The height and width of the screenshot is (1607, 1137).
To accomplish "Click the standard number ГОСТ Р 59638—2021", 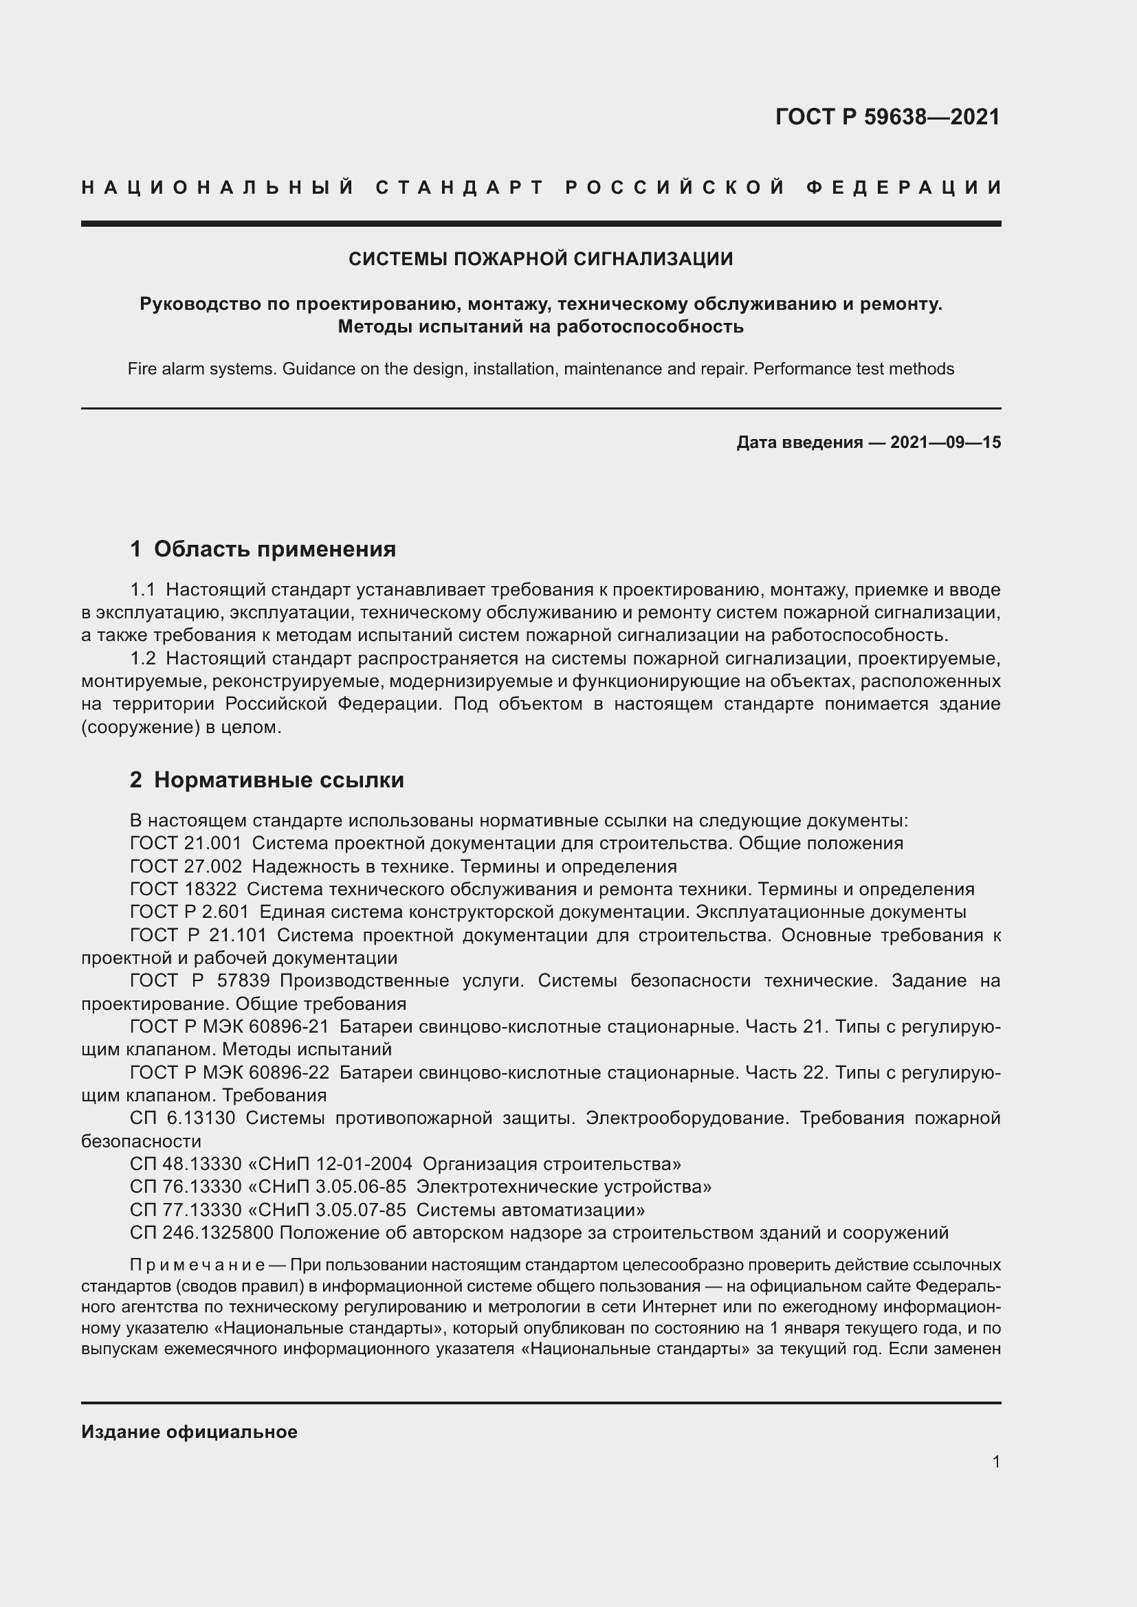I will click(887, 117).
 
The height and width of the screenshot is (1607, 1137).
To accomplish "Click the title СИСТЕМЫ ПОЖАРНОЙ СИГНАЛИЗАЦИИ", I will click(540, 259).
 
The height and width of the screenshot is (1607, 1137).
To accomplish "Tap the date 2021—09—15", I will click(945, 442).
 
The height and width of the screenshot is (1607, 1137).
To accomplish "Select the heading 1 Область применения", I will click(263, 549).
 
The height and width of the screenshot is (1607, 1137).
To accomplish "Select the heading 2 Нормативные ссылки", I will click(267, 780).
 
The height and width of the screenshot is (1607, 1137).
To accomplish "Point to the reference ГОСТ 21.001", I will click(186, 844).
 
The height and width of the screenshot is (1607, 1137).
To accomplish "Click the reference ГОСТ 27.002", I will click(186, 866).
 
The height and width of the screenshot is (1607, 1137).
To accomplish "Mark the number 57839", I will click(243, 980).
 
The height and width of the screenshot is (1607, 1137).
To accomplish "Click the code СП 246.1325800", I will click(201, 1233).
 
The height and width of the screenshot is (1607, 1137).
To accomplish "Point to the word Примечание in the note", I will click(197, 1266).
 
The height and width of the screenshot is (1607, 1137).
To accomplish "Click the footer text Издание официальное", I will click(189, 1432).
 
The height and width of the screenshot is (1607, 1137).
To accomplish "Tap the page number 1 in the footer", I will click(995, 1462).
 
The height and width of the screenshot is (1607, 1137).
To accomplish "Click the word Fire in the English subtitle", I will click(141, 369).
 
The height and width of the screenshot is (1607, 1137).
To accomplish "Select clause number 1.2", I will click(143, 659).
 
